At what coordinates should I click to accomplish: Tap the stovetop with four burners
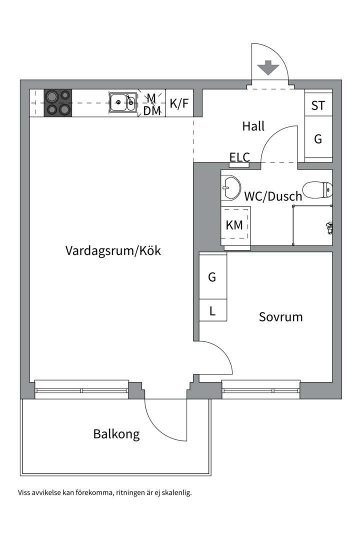pyautogui.click(x=58, y=102)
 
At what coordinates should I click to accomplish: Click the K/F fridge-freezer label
pyautogui.click(x=179, y=103)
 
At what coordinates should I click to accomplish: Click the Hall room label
pyautogui.click(x=253, y=126)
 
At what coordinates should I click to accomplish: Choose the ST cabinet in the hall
pyautogui.click(x=318, y=105)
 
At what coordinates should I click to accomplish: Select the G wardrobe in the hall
pyautogui.click(x=318, y=139)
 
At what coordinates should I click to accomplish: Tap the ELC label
pyautogui.click(x=239, y=157)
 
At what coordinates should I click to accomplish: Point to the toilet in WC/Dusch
pyautogui.click(x=318, y=189)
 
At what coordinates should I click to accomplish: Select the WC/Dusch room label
pyautogui.click(x=273, y=196)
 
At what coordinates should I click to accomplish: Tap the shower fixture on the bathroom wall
pyautogui.click(x=328, y=228)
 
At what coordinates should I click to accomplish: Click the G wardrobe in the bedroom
pyautogui.click(x=212, y=276)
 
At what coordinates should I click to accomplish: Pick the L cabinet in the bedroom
pyautogui.click(x=212, y=311)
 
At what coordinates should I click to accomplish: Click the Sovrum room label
pyautogui.click(x=280, y=317)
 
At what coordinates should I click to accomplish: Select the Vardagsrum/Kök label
pyautogui.click(x=113, y=250)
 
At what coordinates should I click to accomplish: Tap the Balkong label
pyautogui.click(x=116, y=434)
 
